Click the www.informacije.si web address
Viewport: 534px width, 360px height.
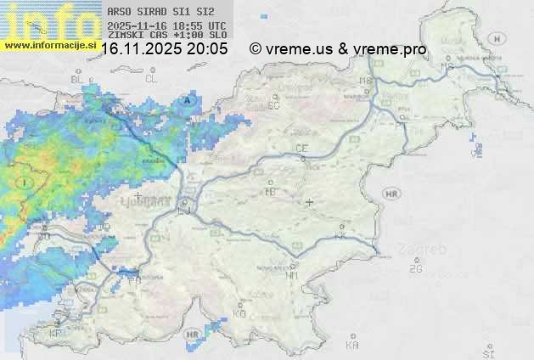pos(50,45)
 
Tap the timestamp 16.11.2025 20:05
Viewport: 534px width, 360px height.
pos(165,49)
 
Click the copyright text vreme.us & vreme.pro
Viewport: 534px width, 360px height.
pos(338,49)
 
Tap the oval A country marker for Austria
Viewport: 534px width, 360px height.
pos(188,101)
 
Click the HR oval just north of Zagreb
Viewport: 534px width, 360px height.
pos(391,194)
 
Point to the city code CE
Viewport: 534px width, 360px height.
pos(301,148)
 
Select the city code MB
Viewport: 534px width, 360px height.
pos(366,81)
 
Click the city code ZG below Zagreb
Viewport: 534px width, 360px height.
pos(415,269)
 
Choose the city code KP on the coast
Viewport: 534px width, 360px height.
pos(56,333)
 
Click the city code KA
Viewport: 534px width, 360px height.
pos(352,346)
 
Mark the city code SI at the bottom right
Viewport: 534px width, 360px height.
pos(487,352)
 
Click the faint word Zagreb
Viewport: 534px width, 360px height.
pos(427,250)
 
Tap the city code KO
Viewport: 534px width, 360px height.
pos(239,313)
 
